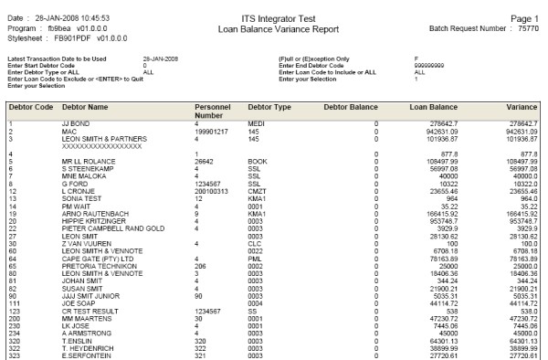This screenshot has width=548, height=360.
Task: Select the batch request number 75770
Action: pos(527,27)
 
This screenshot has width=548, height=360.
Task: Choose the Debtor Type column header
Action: pos(269,132)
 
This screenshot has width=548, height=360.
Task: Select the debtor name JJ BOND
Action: pos(75,147)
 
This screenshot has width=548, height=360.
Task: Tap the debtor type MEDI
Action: pos(257,147)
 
